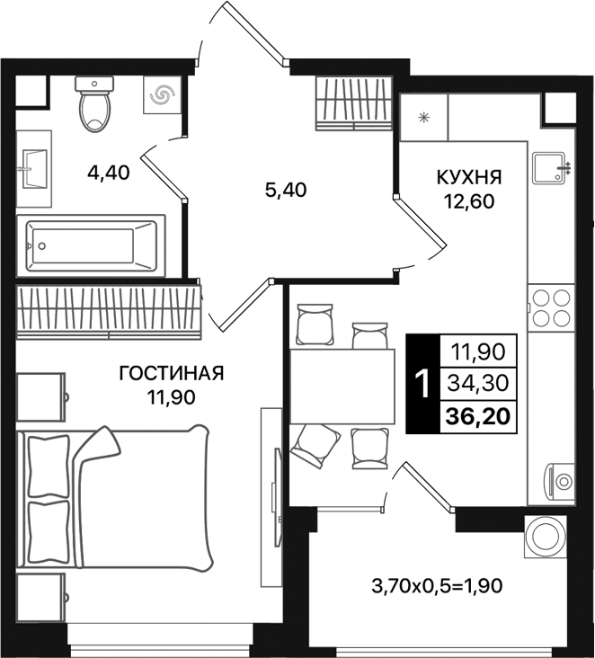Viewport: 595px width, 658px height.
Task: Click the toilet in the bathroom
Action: tap(94, 106)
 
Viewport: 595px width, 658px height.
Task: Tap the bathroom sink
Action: tap(34, 163)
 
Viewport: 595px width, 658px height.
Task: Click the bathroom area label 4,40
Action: tap(109, 173)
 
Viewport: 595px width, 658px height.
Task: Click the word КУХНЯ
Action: tap(470, 176)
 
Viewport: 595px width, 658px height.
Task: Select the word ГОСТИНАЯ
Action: tap(171, 373)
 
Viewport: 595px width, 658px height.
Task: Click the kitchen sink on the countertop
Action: tap(550, 168)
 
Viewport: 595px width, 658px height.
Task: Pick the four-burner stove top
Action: tap(550, 307)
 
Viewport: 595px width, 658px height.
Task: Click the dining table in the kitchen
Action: tap(342, 386)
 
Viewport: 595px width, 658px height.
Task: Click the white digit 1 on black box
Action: tap(420, 385)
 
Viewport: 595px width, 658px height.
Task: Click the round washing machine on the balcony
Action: tap(547, 538)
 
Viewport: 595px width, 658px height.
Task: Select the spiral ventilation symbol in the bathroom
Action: tap(164, 95)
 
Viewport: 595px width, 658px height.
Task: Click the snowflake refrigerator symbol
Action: tap(423, 117)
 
